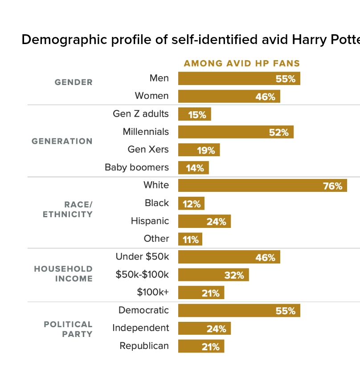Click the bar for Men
[x=239, y=78]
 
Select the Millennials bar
[x=236, y=132]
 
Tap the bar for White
[x=262, y=186]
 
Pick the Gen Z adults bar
[x=194, y=114]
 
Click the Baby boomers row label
[x=137, y=167]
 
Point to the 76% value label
[x=332, y=186]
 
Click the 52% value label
[x=279, y=133]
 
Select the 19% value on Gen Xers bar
[x=206, y=150]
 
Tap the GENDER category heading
[x=74, y=82]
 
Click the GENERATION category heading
[x=62, y=141]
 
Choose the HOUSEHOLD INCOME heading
[x=63, y=274]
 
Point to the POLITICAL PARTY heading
[x=68, y=329]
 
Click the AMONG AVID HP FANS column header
[x=242, y=64]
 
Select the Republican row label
[x=144, y=346]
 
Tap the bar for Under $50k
[x=229, y=257]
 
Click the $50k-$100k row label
[x=142, y=275]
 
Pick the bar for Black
[x=191, y=203]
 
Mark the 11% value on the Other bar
[x=191, y=240]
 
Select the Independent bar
[x=205, y=328]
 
